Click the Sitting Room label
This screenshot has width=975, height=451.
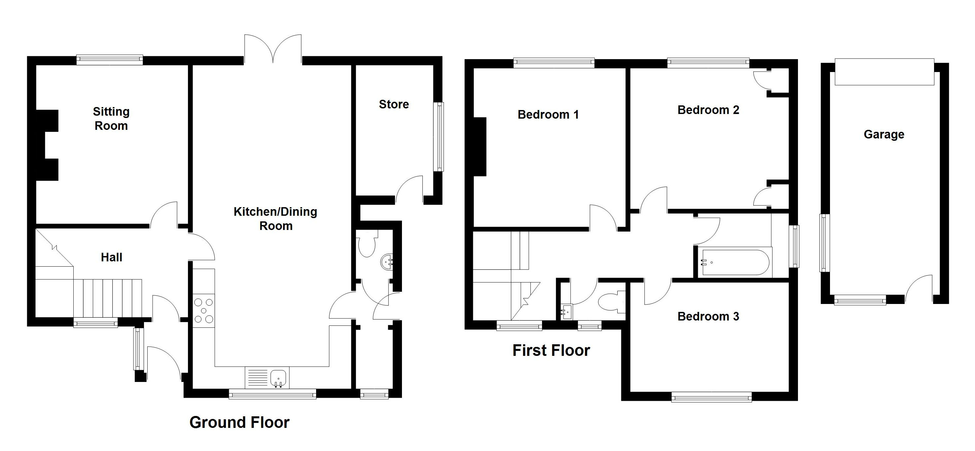(111, 119)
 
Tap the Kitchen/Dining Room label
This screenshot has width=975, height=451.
(275, 218)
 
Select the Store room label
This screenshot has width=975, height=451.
(394, 104)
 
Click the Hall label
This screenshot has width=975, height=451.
(111, 257)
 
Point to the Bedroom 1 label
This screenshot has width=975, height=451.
(548, 114)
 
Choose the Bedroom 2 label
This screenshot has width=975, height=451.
(708, 110)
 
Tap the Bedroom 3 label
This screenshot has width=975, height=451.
(708, 316)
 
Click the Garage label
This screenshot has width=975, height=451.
(884, 134)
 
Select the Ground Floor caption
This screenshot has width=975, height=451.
(239, 422)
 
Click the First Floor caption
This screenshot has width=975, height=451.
(551, 350)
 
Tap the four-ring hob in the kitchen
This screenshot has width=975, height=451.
(204, 311)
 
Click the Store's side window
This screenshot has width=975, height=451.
(439, 137)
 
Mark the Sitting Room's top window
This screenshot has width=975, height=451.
(109, 59)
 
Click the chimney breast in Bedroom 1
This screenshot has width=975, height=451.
(480, 147)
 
